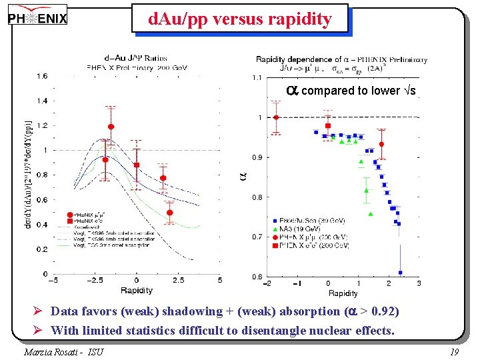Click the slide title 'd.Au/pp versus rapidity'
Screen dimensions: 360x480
tap(239, 19)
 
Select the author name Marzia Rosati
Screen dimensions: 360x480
tap(63, 351)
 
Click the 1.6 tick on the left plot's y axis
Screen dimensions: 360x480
tap(42, 76)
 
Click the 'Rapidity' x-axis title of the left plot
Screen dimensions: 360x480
tap(136, 290)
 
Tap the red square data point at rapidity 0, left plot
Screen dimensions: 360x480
tap(137, 165)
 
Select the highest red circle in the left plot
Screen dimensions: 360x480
tap(111, 127)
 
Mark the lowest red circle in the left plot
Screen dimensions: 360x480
tap(170, 213)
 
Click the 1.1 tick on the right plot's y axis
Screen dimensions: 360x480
tap(257, 78)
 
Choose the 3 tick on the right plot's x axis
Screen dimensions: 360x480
tap(419, 283)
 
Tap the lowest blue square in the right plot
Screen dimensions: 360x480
tap(401, 272)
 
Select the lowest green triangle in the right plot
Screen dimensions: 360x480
tap(371, 214)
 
